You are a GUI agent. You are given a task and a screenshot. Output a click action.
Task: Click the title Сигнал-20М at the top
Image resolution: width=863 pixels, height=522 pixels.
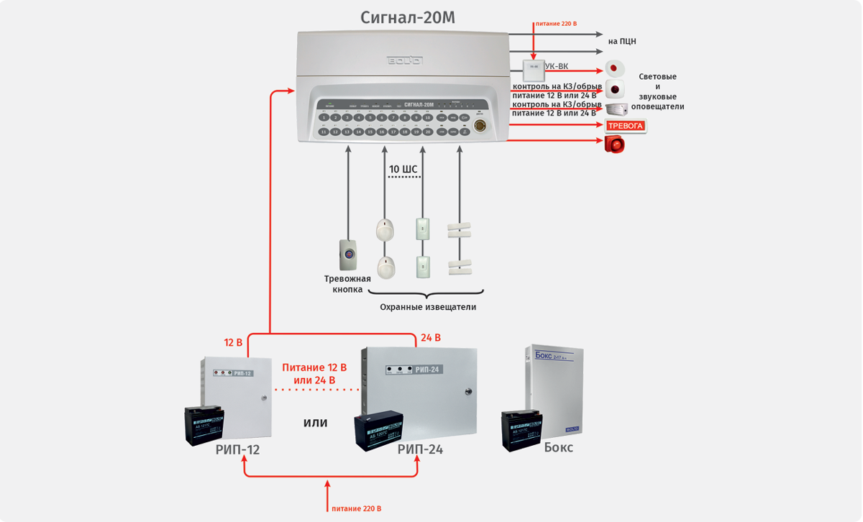click(x=408, y=17)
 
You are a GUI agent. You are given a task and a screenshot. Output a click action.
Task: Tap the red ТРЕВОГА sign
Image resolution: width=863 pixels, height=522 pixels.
click(x=626, y=126)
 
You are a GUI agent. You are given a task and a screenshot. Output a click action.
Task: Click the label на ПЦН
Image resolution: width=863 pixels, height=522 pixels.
click(x=622, y=42)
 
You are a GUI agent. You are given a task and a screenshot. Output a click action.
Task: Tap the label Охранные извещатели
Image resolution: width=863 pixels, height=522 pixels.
click(x=428, y=307)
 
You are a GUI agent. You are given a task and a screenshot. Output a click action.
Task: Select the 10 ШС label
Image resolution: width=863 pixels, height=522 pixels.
click(x=403, y=170)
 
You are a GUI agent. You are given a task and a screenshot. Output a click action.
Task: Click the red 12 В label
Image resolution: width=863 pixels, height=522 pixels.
click(x=234, y=342)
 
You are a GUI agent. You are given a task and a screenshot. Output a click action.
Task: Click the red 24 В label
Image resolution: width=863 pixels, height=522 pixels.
click(x=431, y=338)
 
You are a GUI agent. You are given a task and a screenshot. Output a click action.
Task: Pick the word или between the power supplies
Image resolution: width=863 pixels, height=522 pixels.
click(x=316, y=423)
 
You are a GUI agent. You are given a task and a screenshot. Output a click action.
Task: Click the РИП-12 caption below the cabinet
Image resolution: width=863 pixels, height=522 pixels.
click(x=237, y=450)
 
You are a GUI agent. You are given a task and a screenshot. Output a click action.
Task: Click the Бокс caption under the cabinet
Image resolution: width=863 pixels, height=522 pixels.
click(x=559, y=447)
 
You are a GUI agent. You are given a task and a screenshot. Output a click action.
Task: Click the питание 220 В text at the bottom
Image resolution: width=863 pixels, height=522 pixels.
click(x=357, y=508)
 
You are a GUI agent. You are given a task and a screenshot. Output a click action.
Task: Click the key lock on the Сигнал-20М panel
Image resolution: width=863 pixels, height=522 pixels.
click(x=480, y=124)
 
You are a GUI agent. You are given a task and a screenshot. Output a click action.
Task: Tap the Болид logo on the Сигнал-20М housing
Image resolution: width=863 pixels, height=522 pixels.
click(x=405, y=60)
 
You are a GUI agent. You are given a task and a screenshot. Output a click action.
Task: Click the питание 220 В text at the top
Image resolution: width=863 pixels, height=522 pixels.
click(x=556, y=24)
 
